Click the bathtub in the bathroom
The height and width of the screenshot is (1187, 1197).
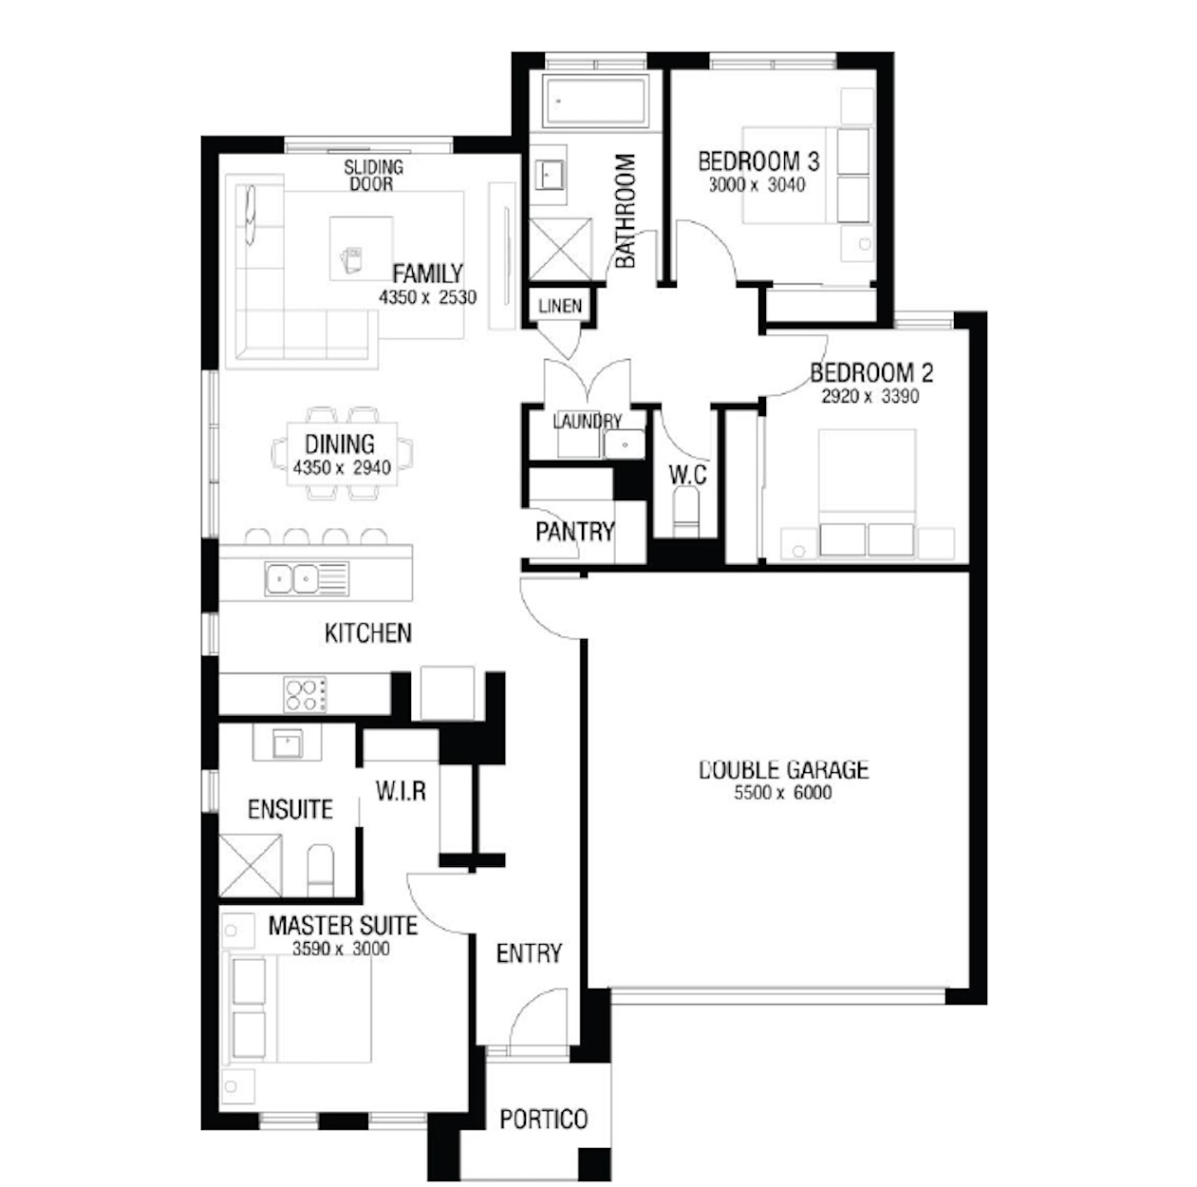click(x=595, y=101)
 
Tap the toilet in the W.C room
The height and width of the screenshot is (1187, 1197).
click(x=686, y=512)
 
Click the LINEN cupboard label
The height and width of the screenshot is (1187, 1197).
click(x=560, y=306)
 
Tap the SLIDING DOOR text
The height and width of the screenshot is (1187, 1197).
click(x=373, y=176)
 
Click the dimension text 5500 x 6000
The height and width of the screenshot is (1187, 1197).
click(x=783, y=792)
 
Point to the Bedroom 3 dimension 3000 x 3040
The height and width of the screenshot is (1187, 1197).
click(x=757, y=184)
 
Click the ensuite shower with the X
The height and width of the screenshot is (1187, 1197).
click(x=251, y=866)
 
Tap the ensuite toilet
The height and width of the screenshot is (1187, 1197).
click(x=320, y=870)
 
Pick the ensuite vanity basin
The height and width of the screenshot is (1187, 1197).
click(x=288, y=744)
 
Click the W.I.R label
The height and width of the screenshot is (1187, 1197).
click(x=401, y=791)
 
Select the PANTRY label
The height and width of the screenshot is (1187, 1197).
click(x=574, y=532)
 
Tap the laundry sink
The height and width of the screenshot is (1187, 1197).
click(x=624, y=444)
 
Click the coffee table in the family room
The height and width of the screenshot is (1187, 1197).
click(x=361, y=248)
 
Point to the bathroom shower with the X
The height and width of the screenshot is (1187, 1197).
click(x=561, y=249)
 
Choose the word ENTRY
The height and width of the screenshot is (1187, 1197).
click(x=529, y=952)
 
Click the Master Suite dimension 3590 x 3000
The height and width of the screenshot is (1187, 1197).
click(x=341, y=949)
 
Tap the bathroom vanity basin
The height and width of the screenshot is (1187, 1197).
click(x=549, y=176)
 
